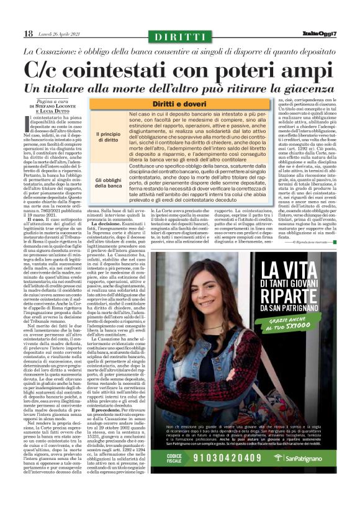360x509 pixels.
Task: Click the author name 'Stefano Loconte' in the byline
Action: pyautogui.click(x=55, y=106)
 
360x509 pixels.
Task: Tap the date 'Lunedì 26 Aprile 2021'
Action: pyautogui.click(x=60, y=34)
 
